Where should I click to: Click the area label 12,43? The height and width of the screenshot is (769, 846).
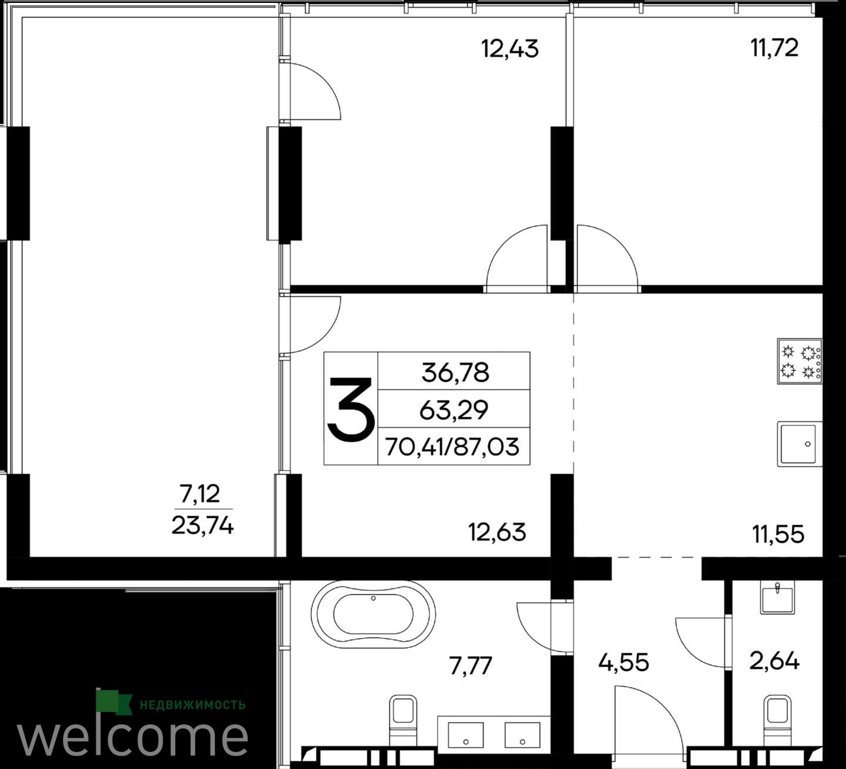(510, 49)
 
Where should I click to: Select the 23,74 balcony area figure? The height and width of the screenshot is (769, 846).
(203, 526)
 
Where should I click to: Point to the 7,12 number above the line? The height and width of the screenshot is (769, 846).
(200, 494)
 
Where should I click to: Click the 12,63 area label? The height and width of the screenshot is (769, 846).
(497, 532)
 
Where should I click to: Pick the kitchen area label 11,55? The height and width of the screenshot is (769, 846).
(778, 535)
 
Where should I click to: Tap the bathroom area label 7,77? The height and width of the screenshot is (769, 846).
(471, 666)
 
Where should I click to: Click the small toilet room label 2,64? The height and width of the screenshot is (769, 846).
(774, 661)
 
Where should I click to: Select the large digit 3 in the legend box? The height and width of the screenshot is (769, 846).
(351, 409)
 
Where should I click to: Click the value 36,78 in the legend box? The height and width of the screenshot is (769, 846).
(455, 372)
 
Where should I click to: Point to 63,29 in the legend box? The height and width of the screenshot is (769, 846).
(454, 410)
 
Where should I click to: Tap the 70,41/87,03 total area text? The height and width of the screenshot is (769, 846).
(452, 447)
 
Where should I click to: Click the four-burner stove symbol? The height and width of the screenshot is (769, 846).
(800, 361)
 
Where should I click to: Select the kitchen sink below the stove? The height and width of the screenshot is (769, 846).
(800, 444)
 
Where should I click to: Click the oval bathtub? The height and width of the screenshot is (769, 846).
(373, 614)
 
